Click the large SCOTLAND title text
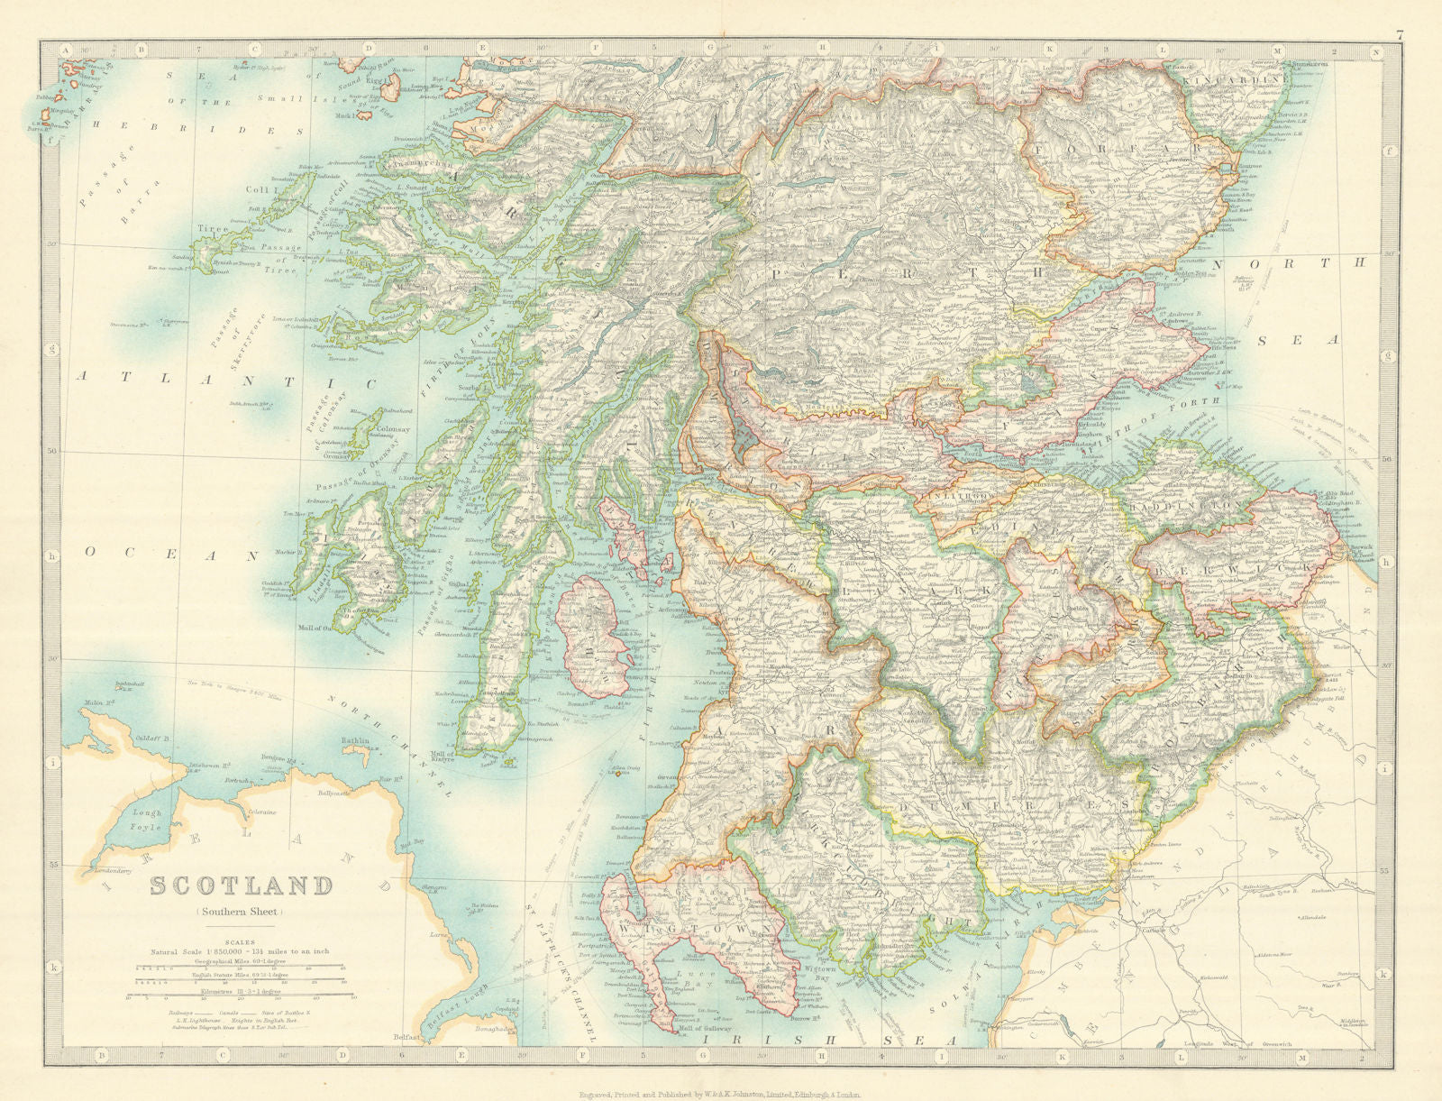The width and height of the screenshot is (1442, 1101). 240,885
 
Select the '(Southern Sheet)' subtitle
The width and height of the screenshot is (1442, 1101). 240,911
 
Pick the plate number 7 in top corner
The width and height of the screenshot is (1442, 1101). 1398,36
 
